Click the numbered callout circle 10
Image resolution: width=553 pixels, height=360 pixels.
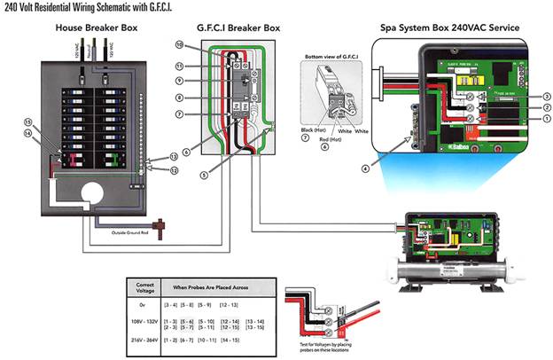click(179, 44)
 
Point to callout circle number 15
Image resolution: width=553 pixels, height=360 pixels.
click(27, 121)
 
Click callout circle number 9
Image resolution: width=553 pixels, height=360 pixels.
click(179, 81)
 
